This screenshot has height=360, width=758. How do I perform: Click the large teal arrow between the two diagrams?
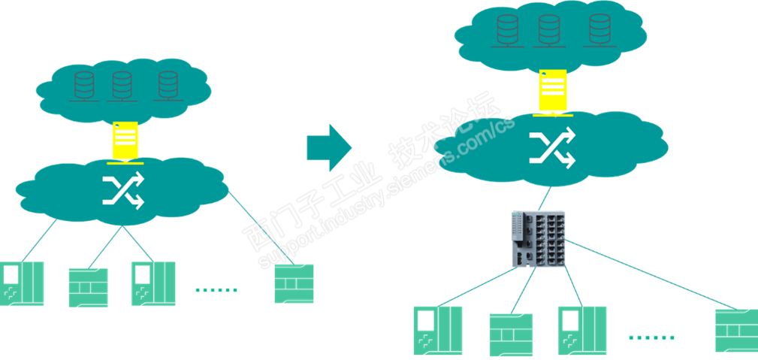328,146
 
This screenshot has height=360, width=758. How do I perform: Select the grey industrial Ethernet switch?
537,238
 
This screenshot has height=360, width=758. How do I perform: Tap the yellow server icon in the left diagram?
125,141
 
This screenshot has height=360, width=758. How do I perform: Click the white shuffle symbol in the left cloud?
122,192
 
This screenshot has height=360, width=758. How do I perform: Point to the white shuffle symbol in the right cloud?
552,147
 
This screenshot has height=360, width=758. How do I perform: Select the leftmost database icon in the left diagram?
84,86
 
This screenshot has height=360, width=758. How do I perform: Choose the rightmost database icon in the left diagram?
168,86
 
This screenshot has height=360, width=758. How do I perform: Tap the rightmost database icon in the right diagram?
599,30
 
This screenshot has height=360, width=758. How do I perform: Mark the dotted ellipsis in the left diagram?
216,289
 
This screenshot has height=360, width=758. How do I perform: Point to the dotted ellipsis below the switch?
651,337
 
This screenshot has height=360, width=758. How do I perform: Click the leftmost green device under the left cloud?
22,283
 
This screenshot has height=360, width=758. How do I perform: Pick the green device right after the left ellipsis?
294,283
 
